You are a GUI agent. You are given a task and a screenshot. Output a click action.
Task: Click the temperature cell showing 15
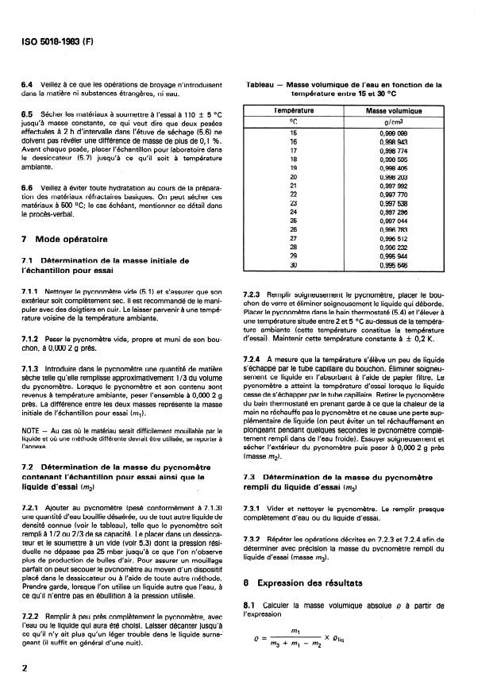coord(293,132)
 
